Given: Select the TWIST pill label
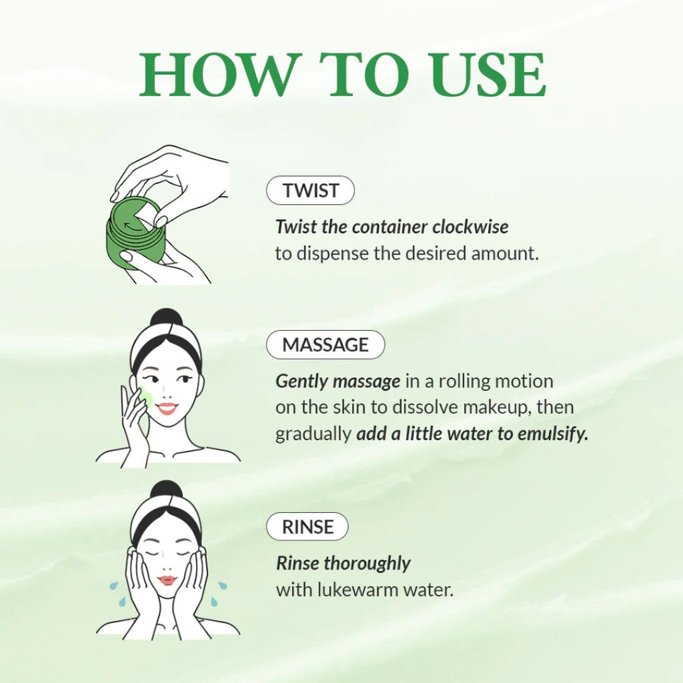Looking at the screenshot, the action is click(310, 190).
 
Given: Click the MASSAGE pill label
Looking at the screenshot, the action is click(325, 345).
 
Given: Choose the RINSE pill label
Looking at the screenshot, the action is click(307, 527).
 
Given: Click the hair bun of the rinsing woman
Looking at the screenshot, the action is click(166, 490).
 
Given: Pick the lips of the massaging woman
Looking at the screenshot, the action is click(167, 408).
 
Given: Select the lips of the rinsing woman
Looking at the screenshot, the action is click(167, 580).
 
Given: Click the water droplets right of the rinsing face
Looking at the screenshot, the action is click(219, 593).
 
